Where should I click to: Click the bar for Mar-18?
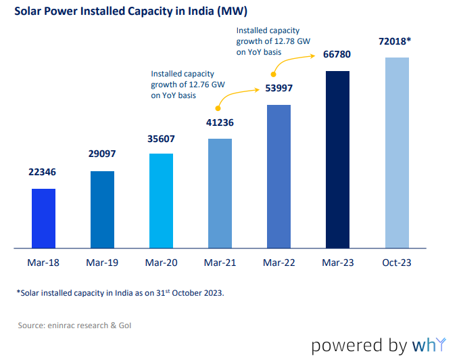43,218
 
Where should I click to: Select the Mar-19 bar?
102,209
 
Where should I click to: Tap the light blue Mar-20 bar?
161,200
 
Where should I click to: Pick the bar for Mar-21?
220,193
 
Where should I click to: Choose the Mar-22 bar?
279,176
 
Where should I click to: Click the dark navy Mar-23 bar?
338,159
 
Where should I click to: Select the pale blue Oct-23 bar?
397,152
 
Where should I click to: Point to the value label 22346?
43,172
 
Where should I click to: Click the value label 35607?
161,139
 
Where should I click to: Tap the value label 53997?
279,89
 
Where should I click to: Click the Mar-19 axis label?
102,263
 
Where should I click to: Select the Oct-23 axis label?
397,263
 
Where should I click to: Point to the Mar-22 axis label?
279,263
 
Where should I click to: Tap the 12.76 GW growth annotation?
187,85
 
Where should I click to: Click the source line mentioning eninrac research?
74,325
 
